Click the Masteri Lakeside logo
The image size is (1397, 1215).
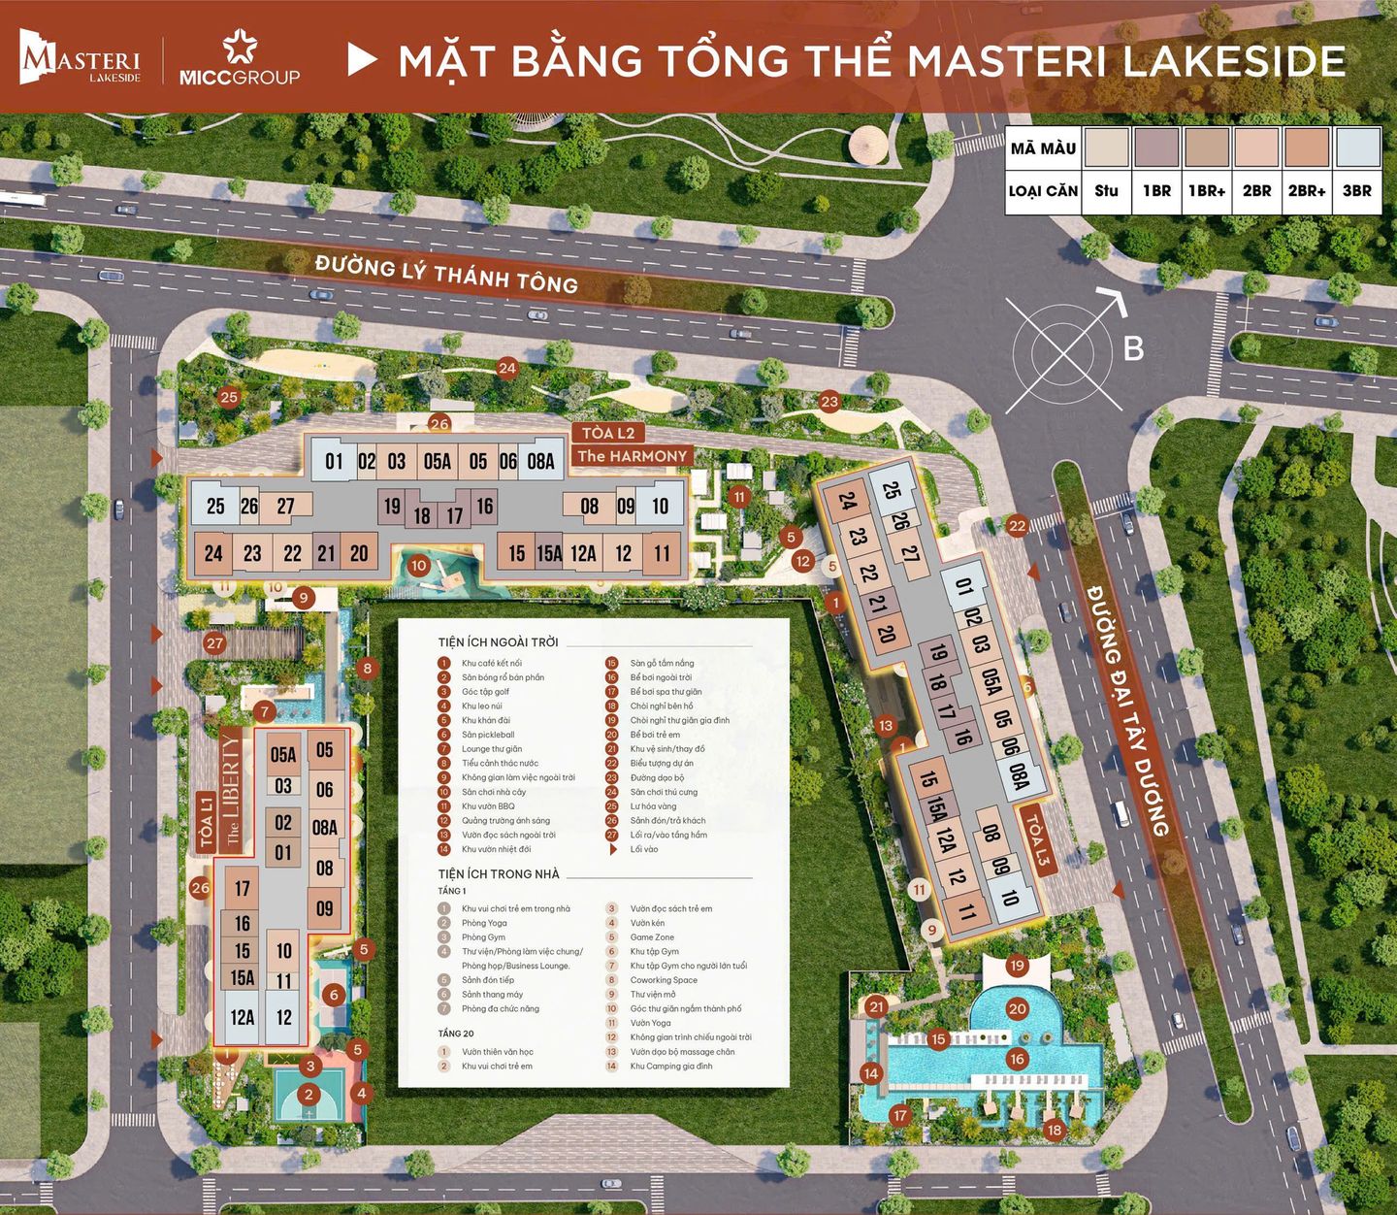pos(81,59)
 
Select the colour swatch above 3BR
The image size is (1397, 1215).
pos(1356,148)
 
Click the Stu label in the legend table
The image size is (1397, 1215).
pos(1106,191)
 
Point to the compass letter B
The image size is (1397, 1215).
pos(1133,348)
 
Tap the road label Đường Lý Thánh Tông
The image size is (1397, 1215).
pos(446,272)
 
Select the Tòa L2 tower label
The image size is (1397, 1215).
pos(607,433)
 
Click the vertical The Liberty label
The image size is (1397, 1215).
pos(231,791)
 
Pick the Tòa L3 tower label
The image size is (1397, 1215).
pos(1036,841)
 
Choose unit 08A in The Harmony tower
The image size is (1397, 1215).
pos(540,462)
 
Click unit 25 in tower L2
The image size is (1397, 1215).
pos(215,506)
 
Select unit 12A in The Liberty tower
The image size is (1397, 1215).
pos(243,1017)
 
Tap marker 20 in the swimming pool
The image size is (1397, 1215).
pos(1017,1009)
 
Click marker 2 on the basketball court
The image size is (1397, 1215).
pos(309,1095)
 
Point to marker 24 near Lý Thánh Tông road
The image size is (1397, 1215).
pos(507,368)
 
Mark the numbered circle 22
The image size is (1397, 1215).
pos(1017,526)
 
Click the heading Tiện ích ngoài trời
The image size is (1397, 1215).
pos(498,642)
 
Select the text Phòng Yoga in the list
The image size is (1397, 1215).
pos(484,923)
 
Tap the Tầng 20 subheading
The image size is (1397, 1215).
pos(456,1034)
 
